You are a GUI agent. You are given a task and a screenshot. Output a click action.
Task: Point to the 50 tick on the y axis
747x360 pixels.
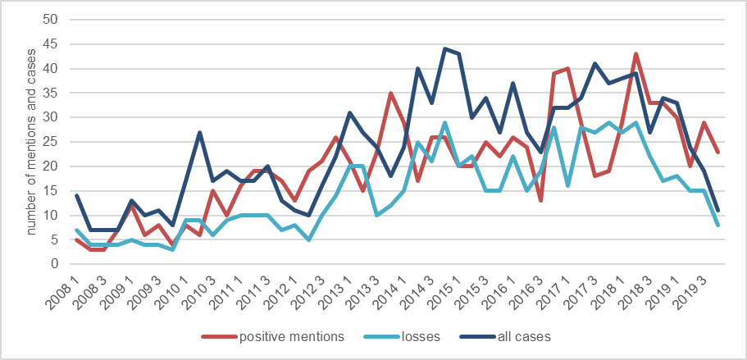pyautogui.click(x=55, y=19)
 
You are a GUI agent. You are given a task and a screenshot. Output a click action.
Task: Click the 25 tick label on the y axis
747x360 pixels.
pyautogui.click(x=55, y=142)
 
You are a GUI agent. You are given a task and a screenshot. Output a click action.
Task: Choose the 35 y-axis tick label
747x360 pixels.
pyautogui.click(x=55, y=93)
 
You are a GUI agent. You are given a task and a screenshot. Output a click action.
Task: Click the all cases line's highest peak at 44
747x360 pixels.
pyautogui.click(x=444, y=48)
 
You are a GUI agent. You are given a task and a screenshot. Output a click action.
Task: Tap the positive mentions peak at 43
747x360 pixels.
pyautogui.click(x=636, y=53)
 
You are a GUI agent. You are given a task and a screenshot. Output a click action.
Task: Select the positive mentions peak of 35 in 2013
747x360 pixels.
pyautogui.click(x=391, y=93)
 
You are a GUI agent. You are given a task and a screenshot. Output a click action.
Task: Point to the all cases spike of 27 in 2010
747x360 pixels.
pyautogui.click(x=199, y=132)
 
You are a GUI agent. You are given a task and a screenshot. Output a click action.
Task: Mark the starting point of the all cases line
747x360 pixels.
pyautogui.click(x=76, y=195)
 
